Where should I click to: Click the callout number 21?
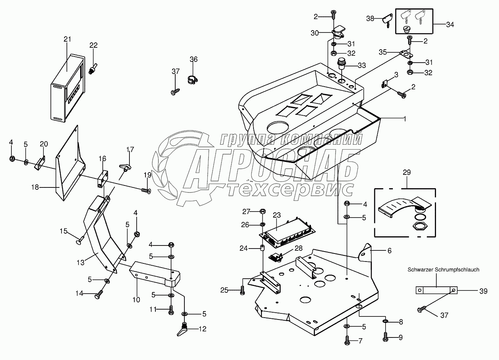click(67, 39)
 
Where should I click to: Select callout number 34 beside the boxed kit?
click(450, 24)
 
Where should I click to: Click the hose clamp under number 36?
click(192, 80)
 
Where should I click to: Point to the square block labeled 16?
click(103, 179)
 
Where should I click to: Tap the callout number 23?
click(277, 215)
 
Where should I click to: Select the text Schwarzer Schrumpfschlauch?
click(443, 270)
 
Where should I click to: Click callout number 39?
click(483, 291)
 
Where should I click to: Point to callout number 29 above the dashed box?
click(407, 173)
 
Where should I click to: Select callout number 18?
click(35, 187)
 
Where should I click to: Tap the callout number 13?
click(81, 262)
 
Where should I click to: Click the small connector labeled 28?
click(276, 257)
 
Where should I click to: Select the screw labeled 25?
click(242, 291)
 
